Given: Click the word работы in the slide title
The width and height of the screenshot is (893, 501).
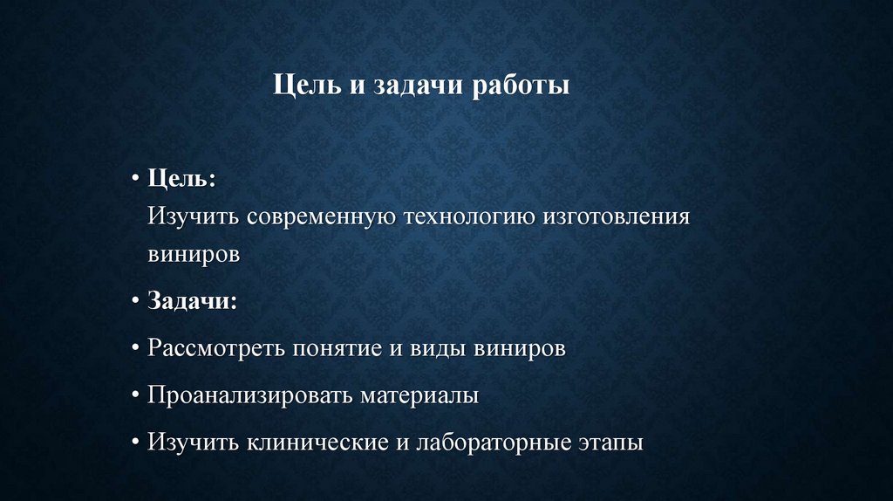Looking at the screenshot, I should pyautogui.click(x=521, y=87).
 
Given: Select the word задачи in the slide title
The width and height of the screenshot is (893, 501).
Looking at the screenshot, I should pyautogui.click(x=420, y=87).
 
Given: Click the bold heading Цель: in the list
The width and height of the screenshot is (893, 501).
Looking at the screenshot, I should pyautogui.click(x=182, y=178).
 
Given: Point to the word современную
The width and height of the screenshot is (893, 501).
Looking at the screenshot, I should pyautogui.click(x=317, y=216).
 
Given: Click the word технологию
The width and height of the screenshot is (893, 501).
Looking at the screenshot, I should pyautogui.click(x=468, y=216).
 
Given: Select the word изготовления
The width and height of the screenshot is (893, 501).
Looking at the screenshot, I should pyautogui.click(x=616, y=216).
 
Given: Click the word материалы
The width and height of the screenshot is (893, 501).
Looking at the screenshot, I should pyautogui.click(x=419, y=395).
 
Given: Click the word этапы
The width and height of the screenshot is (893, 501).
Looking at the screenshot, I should pyautogui.click(x=611, y=443).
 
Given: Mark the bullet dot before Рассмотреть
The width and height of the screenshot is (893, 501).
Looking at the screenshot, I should pyautogui.click(x=137, y=349).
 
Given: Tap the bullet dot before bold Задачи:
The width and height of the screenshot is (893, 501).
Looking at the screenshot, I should pyautogui.click(x=137, y=302).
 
